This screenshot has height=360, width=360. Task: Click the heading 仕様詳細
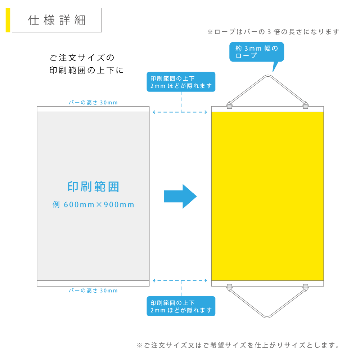57,21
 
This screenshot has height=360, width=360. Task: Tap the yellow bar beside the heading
8,20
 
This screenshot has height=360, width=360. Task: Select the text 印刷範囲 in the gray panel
93,187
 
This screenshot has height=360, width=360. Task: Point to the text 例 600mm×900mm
93,205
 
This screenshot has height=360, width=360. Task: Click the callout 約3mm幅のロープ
257,52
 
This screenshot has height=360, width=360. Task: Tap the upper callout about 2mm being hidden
181,82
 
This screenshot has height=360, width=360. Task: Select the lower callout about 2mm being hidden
181,306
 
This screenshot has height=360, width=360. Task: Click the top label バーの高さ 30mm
93,103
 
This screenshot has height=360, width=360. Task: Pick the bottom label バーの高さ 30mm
93,291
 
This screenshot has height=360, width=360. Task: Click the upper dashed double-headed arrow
180,112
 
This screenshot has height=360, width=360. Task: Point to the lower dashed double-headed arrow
180,280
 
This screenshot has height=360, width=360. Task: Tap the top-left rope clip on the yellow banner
229,106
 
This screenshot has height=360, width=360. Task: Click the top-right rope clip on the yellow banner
306,106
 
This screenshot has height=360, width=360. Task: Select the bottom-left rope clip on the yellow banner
229,287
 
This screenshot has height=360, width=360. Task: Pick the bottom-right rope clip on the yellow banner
306,287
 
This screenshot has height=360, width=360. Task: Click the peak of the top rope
267,76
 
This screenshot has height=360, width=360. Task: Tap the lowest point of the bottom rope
267,317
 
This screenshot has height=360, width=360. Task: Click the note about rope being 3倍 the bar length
273,32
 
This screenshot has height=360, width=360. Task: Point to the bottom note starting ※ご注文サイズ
238,346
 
